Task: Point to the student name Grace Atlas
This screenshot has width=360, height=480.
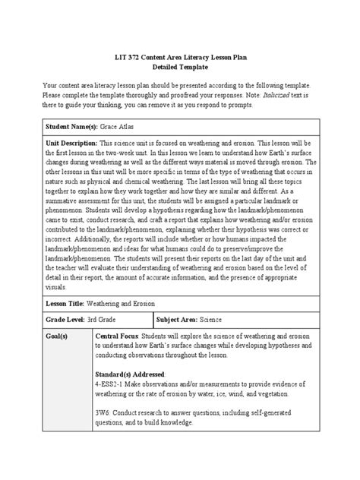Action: (x=123, y=123)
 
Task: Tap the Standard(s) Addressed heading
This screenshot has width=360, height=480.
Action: (x=130, y=375)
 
